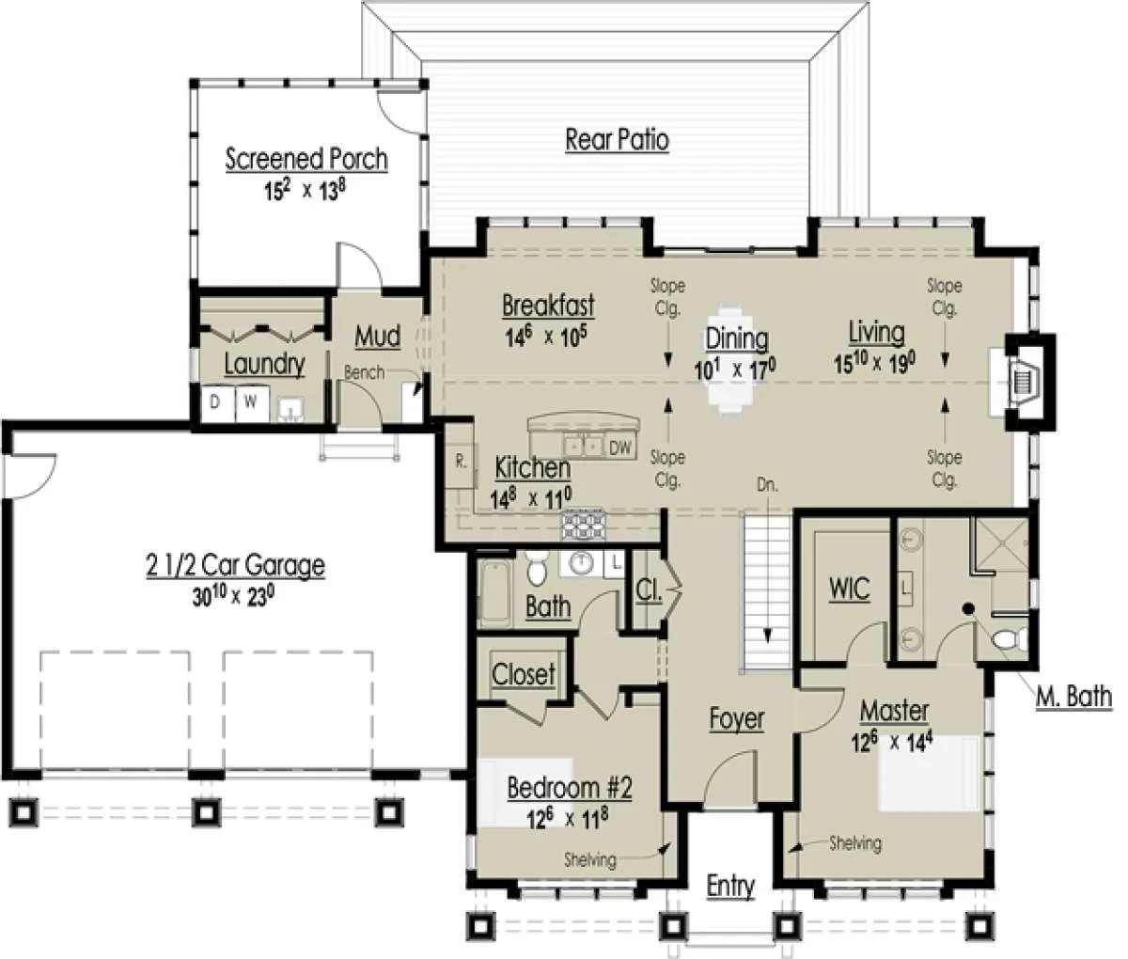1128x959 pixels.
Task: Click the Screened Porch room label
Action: (x=306, y=160)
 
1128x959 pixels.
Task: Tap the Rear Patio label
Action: (x=617, y=140)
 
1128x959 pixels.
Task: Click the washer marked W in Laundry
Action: (x=252, y=403)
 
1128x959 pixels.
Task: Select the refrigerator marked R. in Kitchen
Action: (x=462, y=463)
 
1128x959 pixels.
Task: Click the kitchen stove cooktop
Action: (x=584, y=525)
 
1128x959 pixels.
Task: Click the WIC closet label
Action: (x=849, y=589)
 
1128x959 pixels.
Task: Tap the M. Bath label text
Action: (x=1074, y=697)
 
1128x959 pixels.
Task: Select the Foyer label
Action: (x=737, y=719)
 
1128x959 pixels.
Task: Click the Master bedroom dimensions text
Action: (x=892, y=744)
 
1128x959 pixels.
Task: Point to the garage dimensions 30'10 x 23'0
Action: (x=233, y=597)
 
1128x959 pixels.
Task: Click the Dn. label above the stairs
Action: (x=767, y=485)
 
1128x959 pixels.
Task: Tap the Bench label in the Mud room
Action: (x=364, y=373)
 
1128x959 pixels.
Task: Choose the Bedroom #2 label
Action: (x=570, y=788)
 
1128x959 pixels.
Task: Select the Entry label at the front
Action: (x=730, y=887)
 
